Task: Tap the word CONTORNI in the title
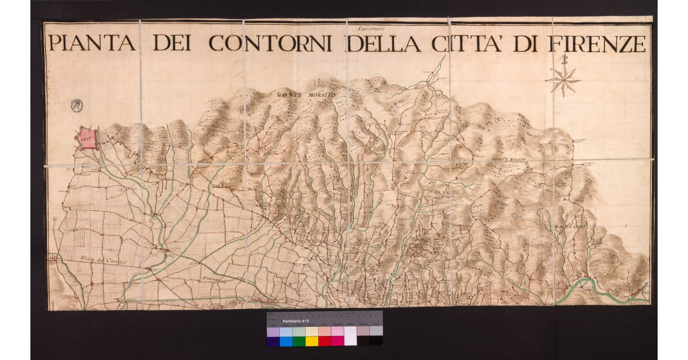coord(270,44)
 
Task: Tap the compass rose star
coord(562,79)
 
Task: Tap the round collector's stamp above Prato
coord(77,105)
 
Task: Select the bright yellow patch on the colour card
coord(311,341)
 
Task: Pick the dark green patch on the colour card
coord(299,341)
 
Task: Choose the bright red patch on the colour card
coord(325,341)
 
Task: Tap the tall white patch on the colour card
coord(350,336)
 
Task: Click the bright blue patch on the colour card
coord(286,341)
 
